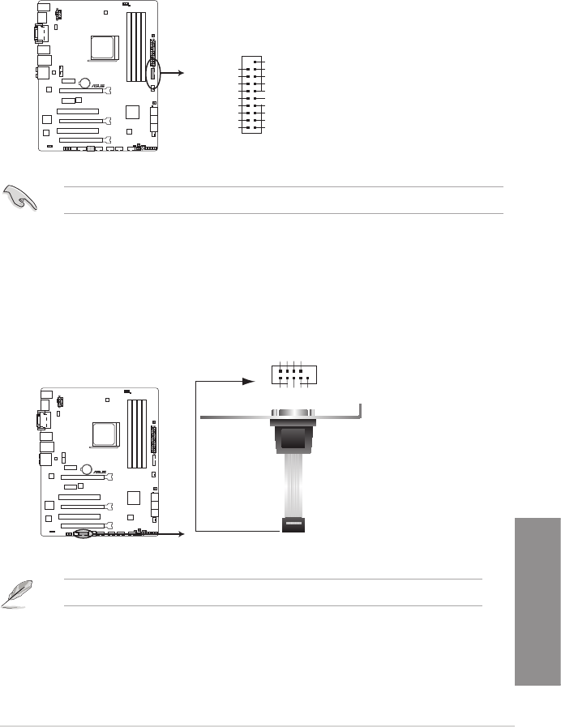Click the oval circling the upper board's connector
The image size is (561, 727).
click(152, 73)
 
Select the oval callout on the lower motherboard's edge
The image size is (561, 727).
click(88, 534)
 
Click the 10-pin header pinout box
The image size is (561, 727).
click(294, 374)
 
